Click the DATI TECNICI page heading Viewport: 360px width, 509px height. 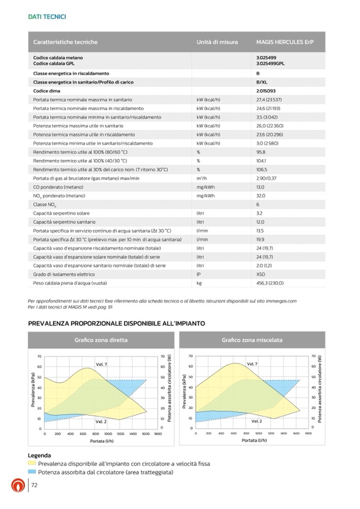47,17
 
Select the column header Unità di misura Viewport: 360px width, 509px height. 217,42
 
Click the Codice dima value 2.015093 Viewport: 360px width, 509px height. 266,91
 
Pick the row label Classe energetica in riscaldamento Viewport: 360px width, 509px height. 71,73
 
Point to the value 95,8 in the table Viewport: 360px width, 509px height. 261,152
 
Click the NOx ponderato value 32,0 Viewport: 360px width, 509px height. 261,195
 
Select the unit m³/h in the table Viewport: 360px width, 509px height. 202,178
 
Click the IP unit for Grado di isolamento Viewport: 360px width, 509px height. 199,274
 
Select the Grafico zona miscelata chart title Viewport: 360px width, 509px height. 252,340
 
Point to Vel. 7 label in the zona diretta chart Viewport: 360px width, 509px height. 101,364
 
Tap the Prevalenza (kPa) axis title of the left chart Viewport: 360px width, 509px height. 33,392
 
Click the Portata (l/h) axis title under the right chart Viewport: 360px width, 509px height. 253,440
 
